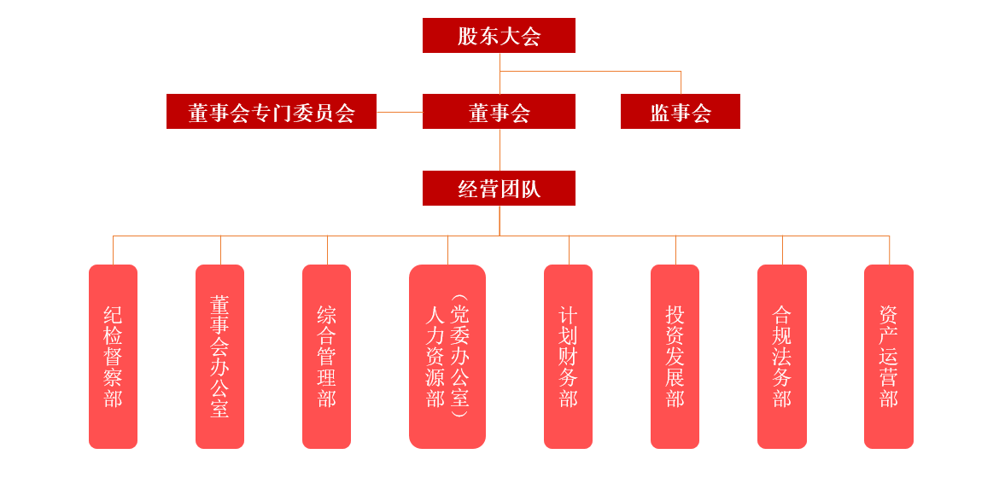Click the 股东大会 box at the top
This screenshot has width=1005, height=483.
point(499,36)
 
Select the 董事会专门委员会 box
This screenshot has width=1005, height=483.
point(272,112)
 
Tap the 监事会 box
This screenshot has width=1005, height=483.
point(680,112)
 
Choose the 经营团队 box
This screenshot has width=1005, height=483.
point(499,189)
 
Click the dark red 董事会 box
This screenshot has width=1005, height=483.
point(499,112)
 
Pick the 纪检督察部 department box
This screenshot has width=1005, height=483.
point(113,357)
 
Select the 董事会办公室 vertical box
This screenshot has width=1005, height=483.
point(219,357)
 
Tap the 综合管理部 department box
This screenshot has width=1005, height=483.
point(326,357)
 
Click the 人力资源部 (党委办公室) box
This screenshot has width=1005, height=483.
point(447,357)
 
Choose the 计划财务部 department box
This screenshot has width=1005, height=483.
point(568,357)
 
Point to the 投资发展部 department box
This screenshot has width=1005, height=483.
point(675,357)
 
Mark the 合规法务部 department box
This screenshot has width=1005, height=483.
point(781,357)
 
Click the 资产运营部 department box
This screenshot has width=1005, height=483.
point(888,357)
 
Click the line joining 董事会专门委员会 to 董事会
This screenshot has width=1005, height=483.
point(400,112)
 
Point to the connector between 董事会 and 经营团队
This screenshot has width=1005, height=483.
point(500,149)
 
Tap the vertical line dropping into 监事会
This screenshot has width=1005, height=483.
point(681,83)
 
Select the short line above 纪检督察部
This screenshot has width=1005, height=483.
point(113,250)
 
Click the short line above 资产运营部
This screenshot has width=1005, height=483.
point(889,250)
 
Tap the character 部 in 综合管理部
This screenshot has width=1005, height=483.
point(326,399)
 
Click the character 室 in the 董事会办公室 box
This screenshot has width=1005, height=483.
point(219,409)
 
